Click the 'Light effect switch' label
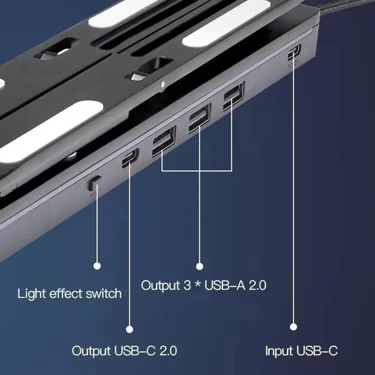(x=69, y=293)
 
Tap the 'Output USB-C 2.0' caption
(x=124, y=351)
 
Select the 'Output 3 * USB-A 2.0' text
(x=204, y=285)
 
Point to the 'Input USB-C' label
(x=301, y=351)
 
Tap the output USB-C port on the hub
(x=130, y=157)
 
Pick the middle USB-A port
(x=199, y=117)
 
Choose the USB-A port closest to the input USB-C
(x=233, y=96)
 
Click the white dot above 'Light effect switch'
(x=97, y=266)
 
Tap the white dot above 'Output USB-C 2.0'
(x=130, y=329)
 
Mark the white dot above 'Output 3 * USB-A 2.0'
(x=199, y=266)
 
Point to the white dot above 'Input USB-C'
(x=294, y=327)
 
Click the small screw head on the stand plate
(x=162, y=84)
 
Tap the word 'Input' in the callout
(x=279, y=351)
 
